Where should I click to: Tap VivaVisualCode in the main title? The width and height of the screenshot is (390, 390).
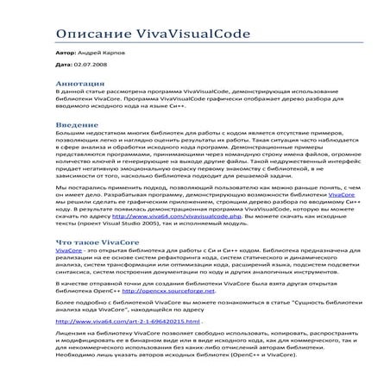point(193,34)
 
